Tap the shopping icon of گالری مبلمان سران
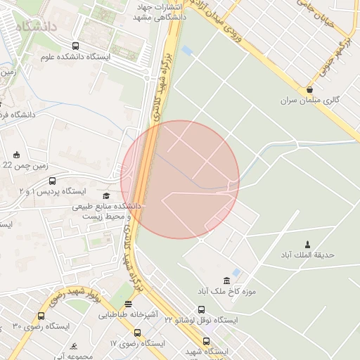coord(310,90)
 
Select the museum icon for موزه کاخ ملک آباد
coord(226,281)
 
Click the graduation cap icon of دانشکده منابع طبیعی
coord(106,196)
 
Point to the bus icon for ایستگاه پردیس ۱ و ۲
coord(53,181)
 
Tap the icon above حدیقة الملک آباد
coord(306,244)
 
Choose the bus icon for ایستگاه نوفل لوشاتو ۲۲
coord(202,309)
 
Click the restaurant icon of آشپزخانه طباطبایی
coord(127,304)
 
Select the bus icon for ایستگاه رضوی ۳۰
coord(41,316)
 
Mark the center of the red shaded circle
coord(180,179)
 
